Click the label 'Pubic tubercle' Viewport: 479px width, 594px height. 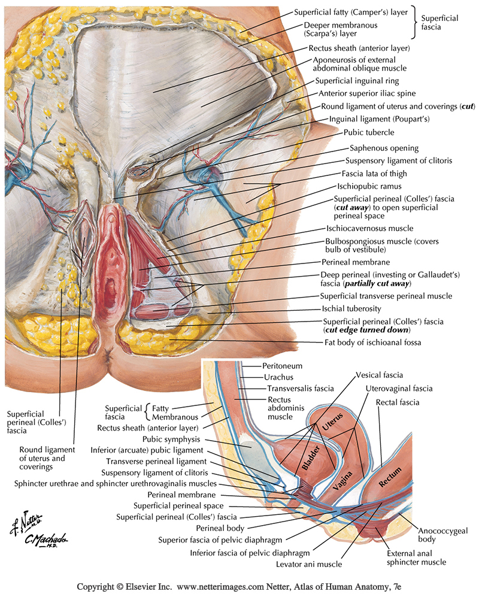click(x=369, y=132)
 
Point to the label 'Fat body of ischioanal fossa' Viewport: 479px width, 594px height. click(x=373, y=344)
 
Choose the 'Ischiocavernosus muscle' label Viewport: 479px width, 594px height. click(x=374, y=229)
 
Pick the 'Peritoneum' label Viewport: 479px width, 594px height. click(x=282, y=365)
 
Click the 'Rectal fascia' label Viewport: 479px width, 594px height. click(x=398, y=402)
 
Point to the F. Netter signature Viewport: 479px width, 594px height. click(x=23, y=525)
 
